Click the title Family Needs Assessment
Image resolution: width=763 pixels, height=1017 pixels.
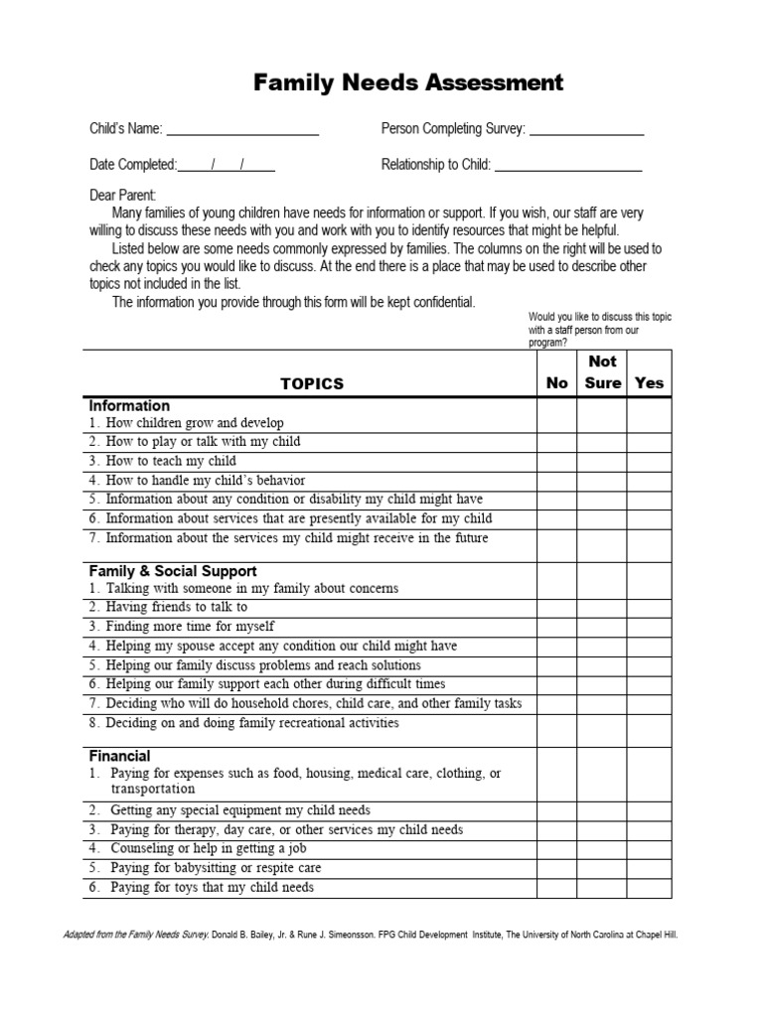click(408, 83)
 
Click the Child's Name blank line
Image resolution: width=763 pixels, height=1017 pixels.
click(241, 129)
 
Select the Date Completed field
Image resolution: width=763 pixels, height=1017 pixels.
click(228, 165)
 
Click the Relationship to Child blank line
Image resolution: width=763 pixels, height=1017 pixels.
click(567, 165)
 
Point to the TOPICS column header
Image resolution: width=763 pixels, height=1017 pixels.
click(311, 383)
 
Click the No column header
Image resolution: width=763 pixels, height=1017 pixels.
click(556, 383)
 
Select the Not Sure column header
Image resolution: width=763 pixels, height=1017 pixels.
click(602, 372)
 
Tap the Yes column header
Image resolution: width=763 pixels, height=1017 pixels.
click(649, 383)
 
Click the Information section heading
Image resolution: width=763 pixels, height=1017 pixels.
click(129, 406)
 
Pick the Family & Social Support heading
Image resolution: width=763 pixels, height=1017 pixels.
click(173, 571)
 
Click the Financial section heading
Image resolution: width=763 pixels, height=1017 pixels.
click(120, 756)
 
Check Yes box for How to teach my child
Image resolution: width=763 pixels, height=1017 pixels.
click(649, 461)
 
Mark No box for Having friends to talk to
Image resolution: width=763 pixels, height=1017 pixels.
click(556, 607)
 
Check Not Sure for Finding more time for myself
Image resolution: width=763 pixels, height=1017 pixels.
click(602, 627)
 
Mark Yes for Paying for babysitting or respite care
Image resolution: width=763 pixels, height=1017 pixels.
click(649, 868)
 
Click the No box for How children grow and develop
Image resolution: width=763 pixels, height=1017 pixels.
click(556, 423)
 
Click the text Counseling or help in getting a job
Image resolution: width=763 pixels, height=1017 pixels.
click(208, 849)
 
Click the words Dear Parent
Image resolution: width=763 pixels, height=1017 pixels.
click(123, 196)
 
